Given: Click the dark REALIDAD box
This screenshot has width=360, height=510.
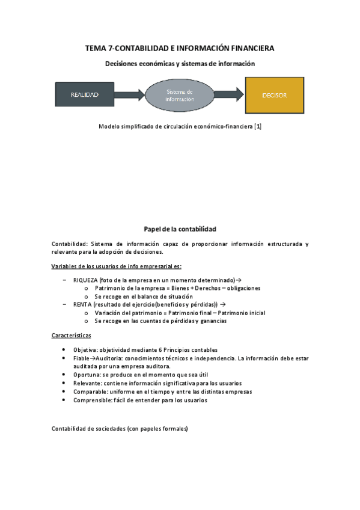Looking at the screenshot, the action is [x=84, y=95].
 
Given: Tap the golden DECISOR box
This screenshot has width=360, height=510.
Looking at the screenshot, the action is [x=274, y=95].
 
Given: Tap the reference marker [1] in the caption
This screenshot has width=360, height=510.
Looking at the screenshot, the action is [x=258, y=127].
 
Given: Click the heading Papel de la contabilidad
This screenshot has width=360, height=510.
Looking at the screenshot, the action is [x=180, y=229].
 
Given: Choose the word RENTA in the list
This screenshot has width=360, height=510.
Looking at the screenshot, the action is [x=83, y=305].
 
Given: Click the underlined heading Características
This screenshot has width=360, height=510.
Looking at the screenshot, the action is [x=72, y=335].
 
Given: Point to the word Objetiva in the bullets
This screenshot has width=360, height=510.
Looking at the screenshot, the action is [x=85, y=350].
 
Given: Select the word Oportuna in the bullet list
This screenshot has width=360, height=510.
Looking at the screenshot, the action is [x=86, y=375].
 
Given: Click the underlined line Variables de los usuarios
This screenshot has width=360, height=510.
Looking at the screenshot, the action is [x=117, y=266].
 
